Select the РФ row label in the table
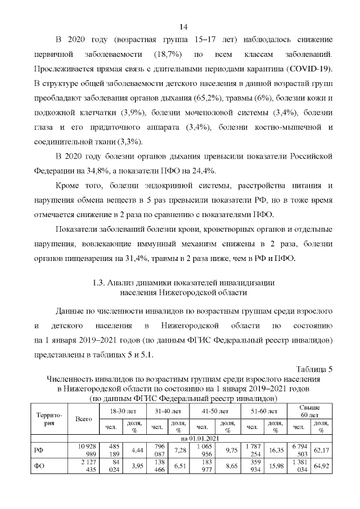39,450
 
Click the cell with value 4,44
138,450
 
